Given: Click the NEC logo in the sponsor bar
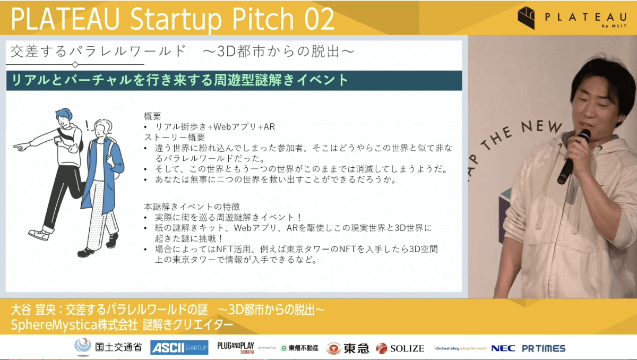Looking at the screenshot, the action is [503, 348].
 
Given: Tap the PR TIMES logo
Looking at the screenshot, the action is [544, 348].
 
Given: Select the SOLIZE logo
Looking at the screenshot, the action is [400, 348].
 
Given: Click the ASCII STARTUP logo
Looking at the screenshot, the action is [179, 347].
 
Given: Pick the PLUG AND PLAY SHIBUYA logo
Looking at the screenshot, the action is [236, 347].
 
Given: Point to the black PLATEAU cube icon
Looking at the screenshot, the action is [526, 18].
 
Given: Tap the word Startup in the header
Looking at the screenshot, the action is [176, 19].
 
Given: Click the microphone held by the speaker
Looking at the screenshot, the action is [573, 157].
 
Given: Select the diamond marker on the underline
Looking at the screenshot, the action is [75, 65].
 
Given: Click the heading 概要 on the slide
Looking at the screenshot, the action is [152, 116].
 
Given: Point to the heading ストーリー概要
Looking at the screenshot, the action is [174, 138].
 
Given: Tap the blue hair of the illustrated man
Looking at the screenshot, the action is [64, 114].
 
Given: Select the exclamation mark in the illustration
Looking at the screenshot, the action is [87, 126].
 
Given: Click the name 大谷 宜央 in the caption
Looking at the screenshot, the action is [33, 310].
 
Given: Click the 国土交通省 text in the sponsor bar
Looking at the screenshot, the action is [118, 347].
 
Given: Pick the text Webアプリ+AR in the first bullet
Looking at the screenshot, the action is [244, 127].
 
